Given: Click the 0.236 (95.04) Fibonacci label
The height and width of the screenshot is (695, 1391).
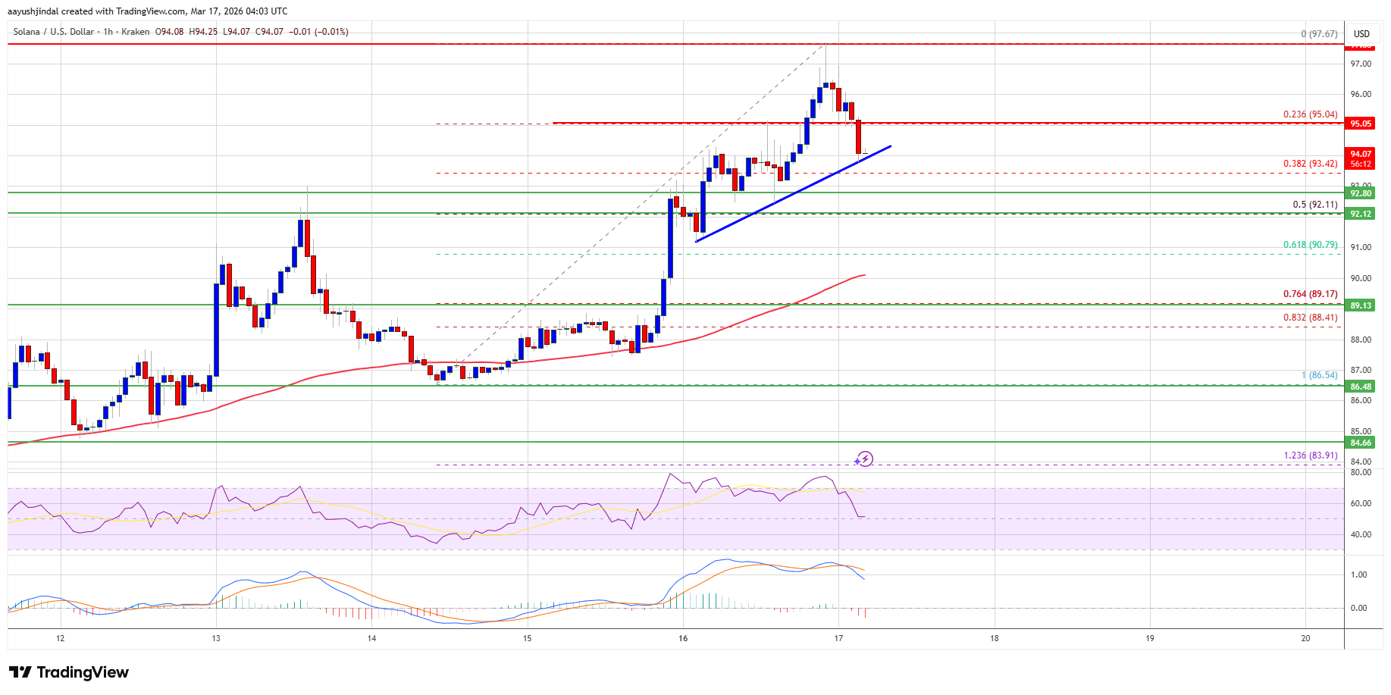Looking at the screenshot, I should pyautogui.click(x=1310, y=114).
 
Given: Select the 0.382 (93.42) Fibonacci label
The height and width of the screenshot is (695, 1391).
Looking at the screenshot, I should pyautogui.click(x=1310, y=164).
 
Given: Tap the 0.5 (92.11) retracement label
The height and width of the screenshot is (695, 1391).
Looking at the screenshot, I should pyautogui.click(x=1315, y=205).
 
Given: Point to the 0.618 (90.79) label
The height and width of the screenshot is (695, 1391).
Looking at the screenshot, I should pyautogui.click(x=1310, y=245).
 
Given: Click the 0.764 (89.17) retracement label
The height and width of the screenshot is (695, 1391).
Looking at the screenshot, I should pyautogui.click(x=1310, y=294).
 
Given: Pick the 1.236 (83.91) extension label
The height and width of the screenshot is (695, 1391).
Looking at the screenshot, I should pyautogui.click(x=1310, y=456).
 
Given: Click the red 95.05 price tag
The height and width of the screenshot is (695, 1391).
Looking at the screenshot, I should pyautogui.click(x=1361, y=124).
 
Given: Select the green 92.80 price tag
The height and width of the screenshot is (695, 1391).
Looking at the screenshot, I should pyautogui.click(x=1361, y=193).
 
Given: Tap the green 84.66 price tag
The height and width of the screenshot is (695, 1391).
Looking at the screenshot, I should pyautogui.click(x=1361, y=443).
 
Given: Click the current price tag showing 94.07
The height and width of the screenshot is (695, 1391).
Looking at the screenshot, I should pyautogui.click(x=1361, y=155).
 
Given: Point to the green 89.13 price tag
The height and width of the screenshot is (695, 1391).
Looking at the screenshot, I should pyautogui.click(x=1361, y=305).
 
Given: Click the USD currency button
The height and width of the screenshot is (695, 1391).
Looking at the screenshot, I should pyautogui.click(x=1362, y=33).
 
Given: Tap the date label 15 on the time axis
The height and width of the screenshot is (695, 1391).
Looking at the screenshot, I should pyautogui.click(x=528, y=638).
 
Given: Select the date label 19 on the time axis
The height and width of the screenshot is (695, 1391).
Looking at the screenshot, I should pyautogui.click(x=1150, y=638).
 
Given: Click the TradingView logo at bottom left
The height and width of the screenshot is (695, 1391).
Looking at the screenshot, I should pyautogui.click(x=69, y=672).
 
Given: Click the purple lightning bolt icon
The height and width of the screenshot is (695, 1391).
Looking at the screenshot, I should pyautogui.click(x=864, y=459).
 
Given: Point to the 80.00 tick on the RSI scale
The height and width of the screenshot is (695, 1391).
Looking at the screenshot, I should pyautogui.click(x=1361, y=472).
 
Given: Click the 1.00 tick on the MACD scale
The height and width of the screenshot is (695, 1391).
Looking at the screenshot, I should pyautogui.click(x=1359, y=574).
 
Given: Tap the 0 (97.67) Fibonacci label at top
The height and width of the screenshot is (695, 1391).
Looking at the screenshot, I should pyautogui.click(x=1319, y=34).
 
